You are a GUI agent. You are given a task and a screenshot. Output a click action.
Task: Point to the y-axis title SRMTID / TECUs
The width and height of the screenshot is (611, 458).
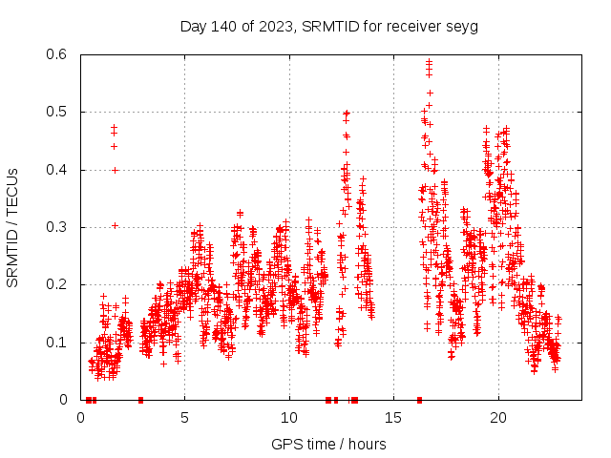click(x=13, y=227)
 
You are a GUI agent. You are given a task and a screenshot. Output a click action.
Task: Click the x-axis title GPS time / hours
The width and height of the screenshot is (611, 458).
click(x=328, y=444)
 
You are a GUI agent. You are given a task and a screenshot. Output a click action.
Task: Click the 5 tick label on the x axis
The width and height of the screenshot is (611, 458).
click(x=185, y=418)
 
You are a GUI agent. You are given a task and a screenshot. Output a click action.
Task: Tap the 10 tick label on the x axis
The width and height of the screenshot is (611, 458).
click(x=289, y=418)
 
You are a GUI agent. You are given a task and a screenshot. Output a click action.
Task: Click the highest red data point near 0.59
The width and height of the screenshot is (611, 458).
click(x=429, y=63)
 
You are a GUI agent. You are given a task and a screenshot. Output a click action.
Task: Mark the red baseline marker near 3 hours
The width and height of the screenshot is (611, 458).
click(x=140, y=400)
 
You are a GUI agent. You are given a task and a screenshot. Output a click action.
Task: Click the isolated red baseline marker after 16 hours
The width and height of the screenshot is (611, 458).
click(x=419, y=400)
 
